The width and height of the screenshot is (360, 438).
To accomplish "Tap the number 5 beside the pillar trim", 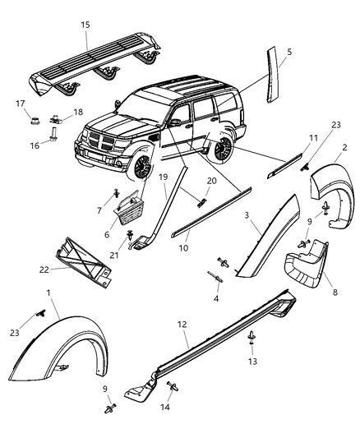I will click(288, 51).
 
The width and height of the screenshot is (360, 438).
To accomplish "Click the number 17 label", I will click(20, 103).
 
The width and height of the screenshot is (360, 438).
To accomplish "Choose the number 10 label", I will click(182, 247).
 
